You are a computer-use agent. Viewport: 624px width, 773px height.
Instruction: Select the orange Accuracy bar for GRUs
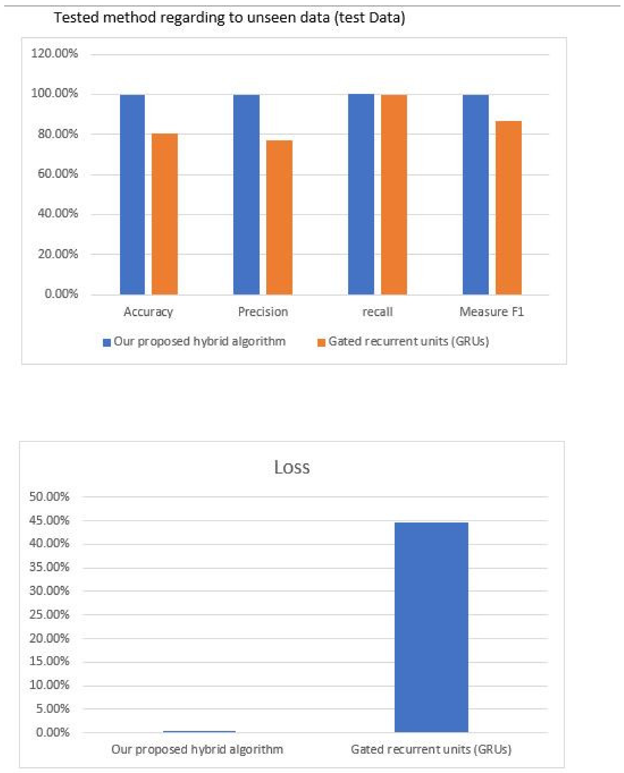point(165,214)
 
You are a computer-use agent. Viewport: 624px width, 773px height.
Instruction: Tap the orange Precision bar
point(279,217)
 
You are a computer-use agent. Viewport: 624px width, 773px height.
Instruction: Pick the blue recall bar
point(361,194)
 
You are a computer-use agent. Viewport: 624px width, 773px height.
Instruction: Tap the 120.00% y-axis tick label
point(54,54)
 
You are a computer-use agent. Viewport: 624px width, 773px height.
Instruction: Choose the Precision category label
point(263,311)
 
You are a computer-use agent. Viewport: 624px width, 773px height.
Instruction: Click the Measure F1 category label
point(491,311)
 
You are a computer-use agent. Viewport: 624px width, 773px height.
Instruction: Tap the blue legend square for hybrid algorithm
point(106,342)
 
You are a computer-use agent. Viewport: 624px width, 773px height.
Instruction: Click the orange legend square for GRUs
point(321,342)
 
